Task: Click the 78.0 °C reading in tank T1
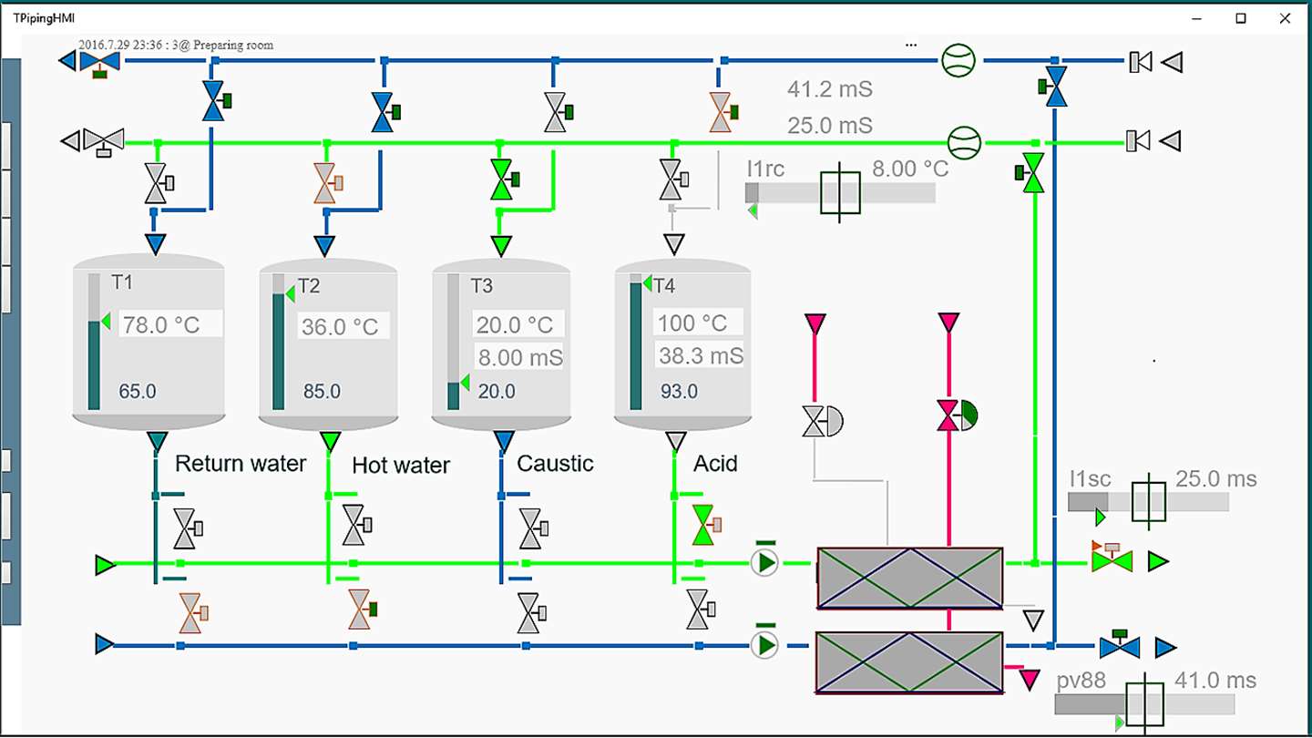tap(161, 324)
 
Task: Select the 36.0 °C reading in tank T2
tap(340, 326)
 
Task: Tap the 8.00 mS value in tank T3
tap(519, 357)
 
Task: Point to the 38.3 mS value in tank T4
tap(701, 355)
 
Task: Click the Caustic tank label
tap(555, 463)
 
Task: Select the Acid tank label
tap(715, 463)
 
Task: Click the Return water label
tap(241, 463)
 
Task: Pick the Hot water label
tap(401, 465)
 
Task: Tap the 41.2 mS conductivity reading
tap(829, 89)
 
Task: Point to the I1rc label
tap(765, 169)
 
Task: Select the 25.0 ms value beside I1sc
tap(1215, 479)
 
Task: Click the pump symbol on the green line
tap(765, 563)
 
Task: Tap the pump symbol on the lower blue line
tap(765, 645)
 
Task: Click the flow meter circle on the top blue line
tap(958, 60)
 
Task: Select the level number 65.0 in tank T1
tap(138, 392)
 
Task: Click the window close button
tap(1285, 18)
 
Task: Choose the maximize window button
tap(1241, 18)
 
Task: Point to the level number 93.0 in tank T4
tap(680, 392)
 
